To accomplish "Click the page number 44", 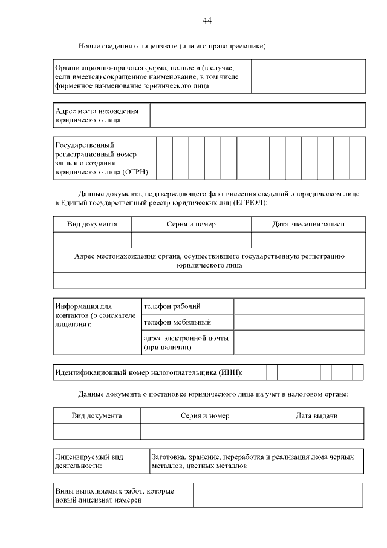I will (207, 21).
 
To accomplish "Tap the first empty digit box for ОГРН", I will (164, 158).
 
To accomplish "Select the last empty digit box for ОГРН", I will (357, 158).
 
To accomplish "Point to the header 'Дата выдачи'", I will (316, 416).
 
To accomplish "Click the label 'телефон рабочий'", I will (172, 306).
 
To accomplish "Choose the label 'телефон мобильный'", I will (177, 322).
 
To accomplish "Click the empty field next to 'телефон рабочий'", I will (299, 306).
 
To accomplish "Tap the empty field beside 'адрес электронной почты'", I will (299, 342).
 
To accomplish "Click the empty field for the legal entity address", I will (258, 115).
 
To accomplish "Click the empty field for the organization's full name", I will (308, 76).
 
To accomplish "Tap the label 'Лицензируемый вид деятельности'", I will (89, 461).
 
